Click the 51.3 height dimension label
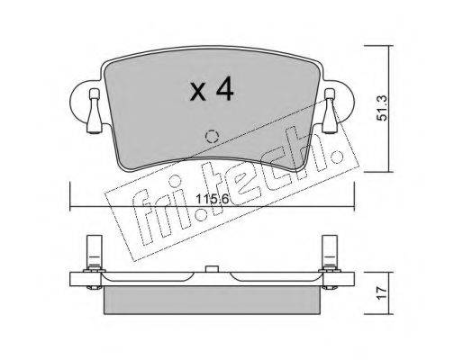(x=383, y=108)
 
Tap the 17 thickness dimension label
(x=383, y=293)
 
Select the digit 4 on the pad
(x=223, y=88)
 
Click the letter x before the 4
(x=198, y=92)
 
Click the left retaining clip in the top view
(x=95, y=111)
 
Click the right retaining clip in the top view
(x=330, y=111)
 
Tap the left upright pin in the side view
(x=95, y=251)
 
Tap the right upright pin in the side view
(x=330, y=251)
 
